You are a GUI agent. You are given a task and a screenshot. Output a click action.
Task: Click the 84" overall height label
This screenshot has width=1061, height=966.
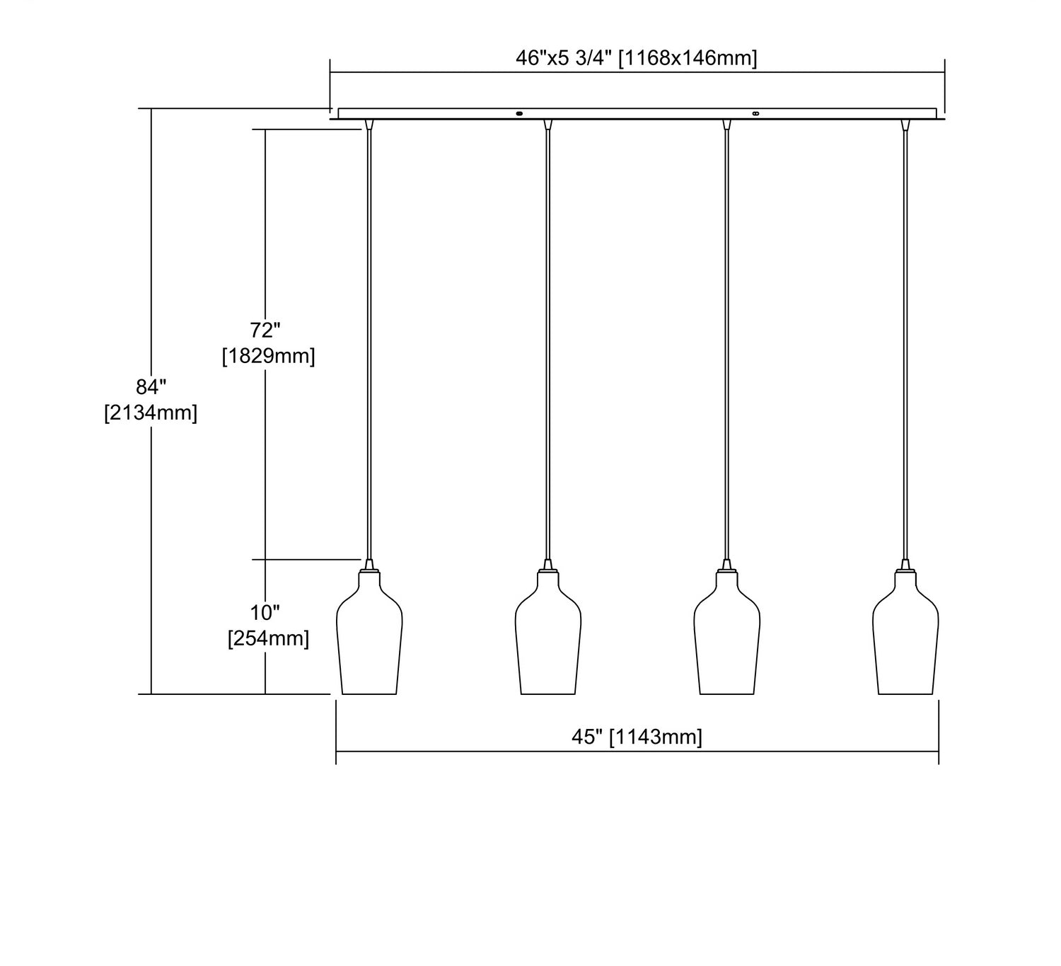click(151, 387)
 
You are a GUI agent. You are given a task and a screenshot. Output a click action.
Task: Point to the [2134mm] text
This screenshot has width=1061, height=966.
click(151, 413)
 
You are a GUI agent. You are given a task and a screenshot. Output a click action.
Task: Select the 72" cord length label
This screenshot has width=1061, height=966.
click(265, 330)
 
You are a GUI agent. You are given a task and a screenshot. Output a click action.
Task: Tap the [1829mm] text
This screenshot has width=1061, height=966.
click(269, 356)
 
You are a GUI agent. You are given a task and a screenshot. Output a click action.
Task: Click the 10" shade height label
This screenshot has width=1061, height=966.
click(265, 613)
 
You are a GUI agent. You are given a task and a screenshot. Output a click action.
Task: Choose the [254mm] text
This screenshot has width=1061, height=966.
click(269, 639)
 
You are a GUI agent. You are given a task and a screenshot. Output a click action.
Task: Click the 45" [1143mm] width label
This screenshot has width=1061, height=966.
click(637, 737)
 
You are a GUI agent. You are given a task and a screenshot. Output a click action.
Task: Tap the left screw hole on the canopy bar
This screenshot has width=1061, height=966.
click(519, 113)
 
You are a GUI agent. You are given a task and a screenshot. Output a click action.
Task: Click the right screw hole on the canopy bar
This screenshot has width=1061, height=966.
click(755, 113)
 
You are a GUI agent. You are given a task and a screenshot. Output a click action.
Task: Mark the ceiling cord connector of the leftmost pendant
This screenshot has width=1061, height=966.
click(369, 125)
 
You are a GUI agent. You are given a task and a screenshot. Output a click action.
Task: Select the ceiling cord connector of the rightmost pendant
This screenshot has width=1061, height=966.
click(905, 125)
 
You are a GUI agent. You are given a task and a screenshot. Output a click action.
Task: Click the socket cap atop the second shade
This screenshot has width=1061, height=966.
click(548, 565)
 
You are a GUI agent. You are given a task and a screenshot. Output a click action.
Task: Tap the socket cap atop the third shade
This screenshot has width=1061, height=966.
click(726, 565)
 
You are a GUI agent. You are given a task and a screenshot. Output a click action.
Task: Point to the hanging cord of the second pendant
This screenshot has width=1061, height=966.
click(548, 345)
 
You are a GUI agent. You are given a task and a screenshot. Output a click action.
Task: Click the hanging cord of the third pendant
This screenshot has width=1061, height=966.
click(726, 345)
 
